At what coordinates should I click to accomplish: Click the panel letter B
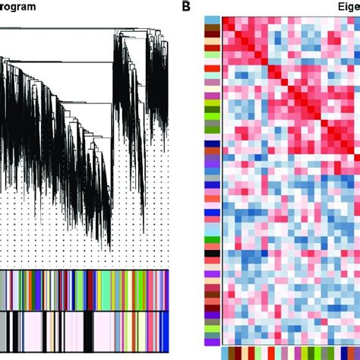coord(186,7)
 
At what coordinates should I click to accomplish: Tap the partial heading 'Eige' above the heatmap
coord(346,7)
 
